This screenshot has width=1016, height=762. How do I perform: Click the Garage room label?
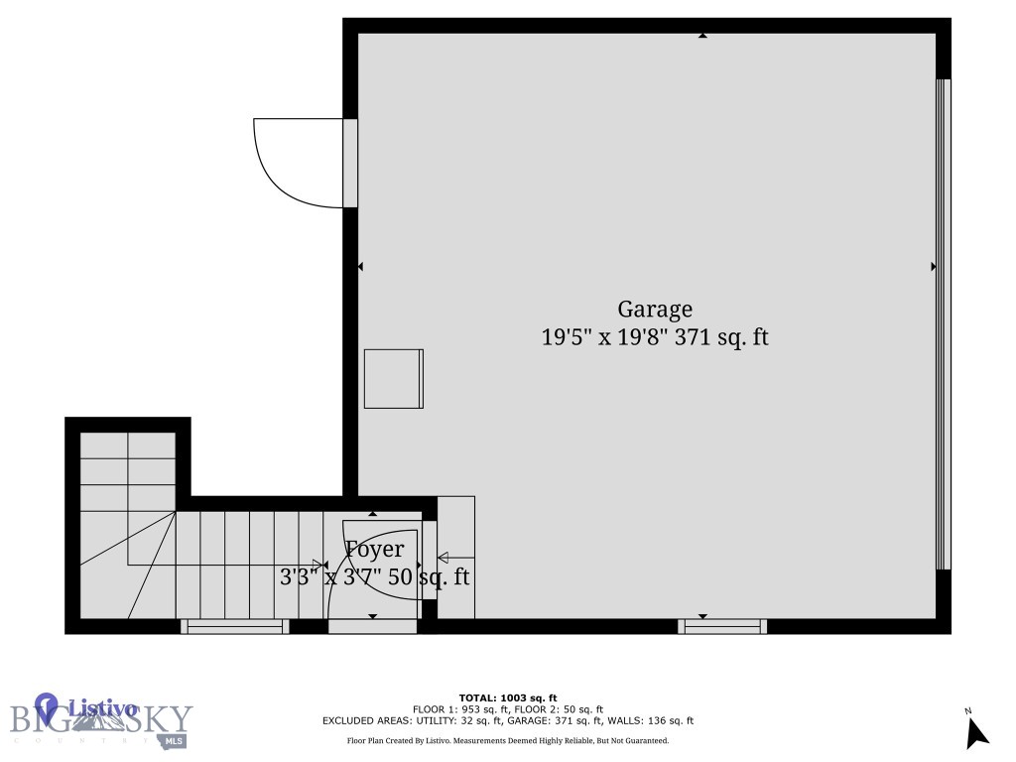pos(655,310)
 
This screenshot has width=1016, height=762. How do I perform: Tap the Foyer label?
pos(374,550)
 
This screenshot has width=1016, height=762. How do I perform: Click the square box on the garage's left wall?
pos(393,378)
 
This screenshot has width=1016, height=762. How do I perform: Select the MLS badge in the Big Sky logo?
pos(175,740)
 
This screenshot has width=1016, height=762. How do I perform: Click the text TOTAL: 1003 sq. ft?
pos(508,698)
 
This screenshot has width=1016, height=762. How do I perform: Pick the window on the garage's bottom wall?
pos(722,626)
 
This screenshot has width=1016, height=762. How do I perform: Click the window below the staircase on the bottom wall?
pos(235,626)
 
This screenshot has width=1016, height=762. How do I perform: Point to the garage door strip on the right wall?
pos(944,323)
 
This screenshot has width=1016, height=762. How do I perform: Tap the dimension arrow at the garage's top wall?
pos(702,36)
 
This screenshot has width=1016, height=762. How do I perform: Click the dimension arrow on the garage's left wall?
pos(360,266)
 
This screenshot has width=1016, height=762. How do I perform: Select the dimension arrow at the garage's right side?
pos(934,266)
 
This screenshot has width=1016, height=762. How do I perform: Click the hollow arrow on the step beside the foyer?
pos(443,558)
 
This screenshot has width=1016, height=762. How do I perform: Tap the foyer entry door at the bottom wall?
pos(372,626)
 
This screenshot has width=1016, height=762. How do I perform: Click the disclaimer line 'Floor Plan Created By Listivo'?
pos(507,740)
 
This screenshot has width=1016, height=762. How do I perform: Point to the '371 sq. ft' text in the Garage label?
pos(721,337)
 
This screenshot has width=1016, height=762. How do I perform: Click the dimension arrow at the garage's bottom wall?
pos(702,616)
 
